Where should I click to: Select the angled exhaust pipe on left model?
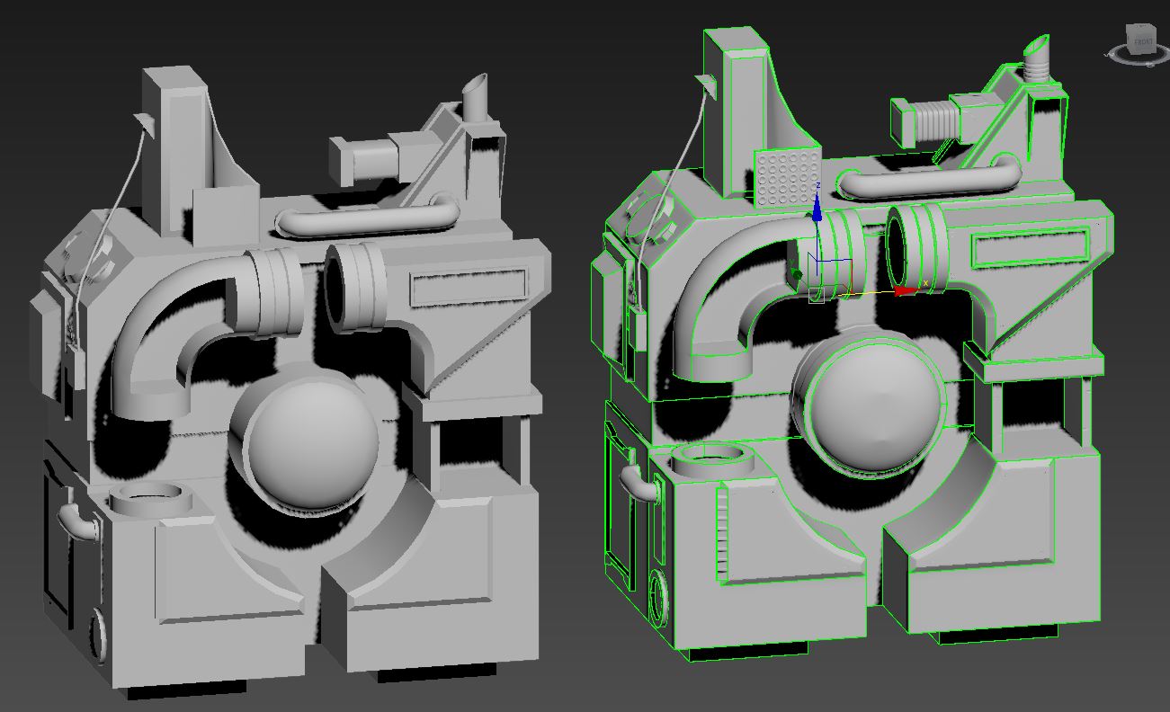(x=475, y=99)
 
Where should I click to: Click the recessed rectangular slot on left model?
(x=469, y=287)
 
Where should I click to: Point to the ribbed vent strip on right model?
(x=721, y=535)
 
